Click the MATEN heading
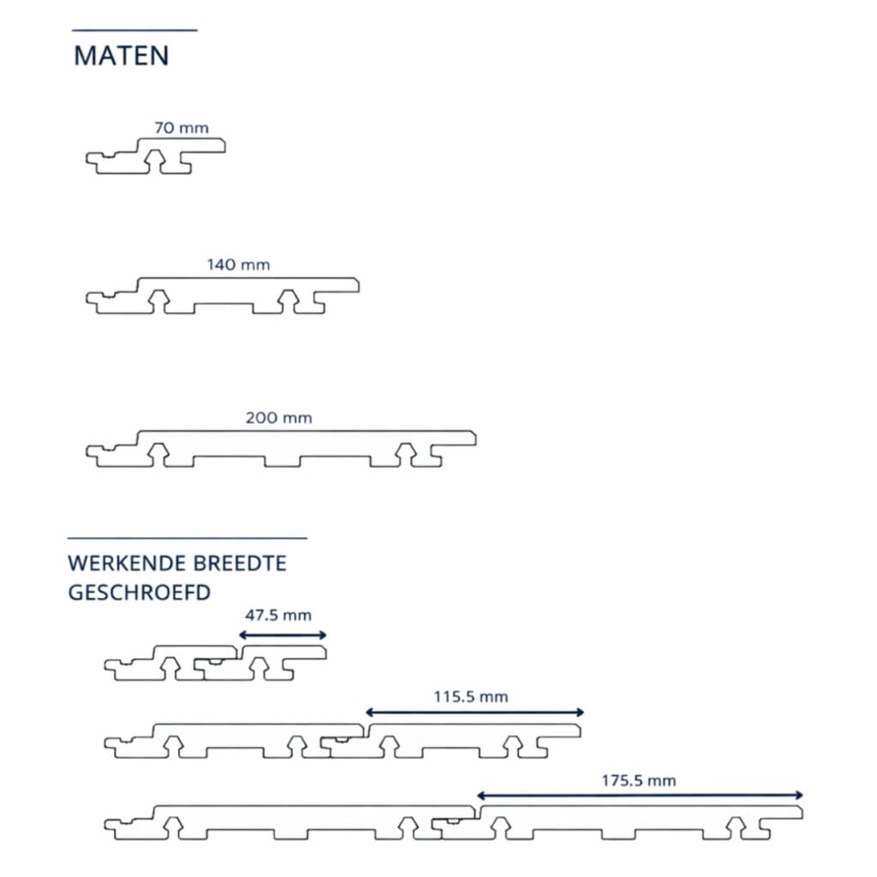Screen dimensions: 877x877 tap(122, 56)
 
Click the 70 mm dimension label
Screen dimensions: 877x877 tap(182, 128)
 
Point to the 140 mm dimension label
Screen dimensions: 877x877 tap(238, 265)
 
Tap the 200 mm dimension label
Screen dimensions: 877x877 tap(278, 418)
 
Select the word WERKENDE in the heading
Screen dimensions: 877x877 tap(130, 564)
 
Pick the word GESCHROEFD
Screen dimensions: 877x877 tap(140, 593)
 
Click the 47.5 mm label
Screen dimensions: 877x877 tap(278, 615)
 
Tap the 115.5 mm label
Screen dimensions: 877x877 tap(470, 697)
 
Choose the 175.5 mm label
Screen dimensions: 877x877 tap(638, 781)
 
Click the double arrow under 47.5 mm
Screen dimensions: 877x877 tap(283, 635)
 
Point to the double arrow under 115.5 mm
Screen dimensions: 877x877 tap(474, 713)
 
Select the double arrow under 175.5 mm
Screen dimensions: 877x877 tap(639, 796)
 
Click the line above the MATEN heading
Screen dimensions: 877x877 tap(134, 30)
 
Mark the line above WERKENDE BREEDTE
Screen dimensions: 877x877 tap(188, 538)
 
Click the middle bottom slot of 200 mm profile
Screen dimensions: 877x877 tap(283, 462)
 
